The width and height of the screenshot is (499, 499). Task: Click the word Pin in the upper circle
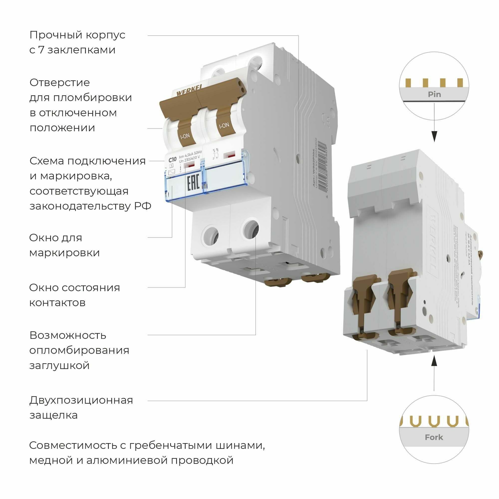(x=434, y=94)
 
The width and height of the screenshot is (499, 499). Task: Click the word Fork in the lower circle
(x=434, y=437)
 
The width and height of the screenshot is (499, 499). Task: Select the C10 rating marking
(x=172, y=159)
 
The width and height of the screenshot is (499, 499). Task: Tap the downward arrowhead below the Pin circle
(x=434, y=136)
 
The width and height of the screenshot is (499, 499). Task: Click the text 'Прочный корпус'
(x=77, y=35)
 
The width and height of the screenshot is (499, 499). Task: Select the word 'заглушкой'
(x=59, y=366)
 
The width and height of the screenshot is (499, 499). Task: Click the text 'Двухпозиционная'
(x=81, y=400)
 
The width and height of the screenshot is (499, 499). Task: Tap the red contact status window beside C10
(x=190, y=165)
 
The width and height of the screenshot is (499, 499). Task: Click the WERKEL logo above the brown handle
(x=190, y=91)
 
